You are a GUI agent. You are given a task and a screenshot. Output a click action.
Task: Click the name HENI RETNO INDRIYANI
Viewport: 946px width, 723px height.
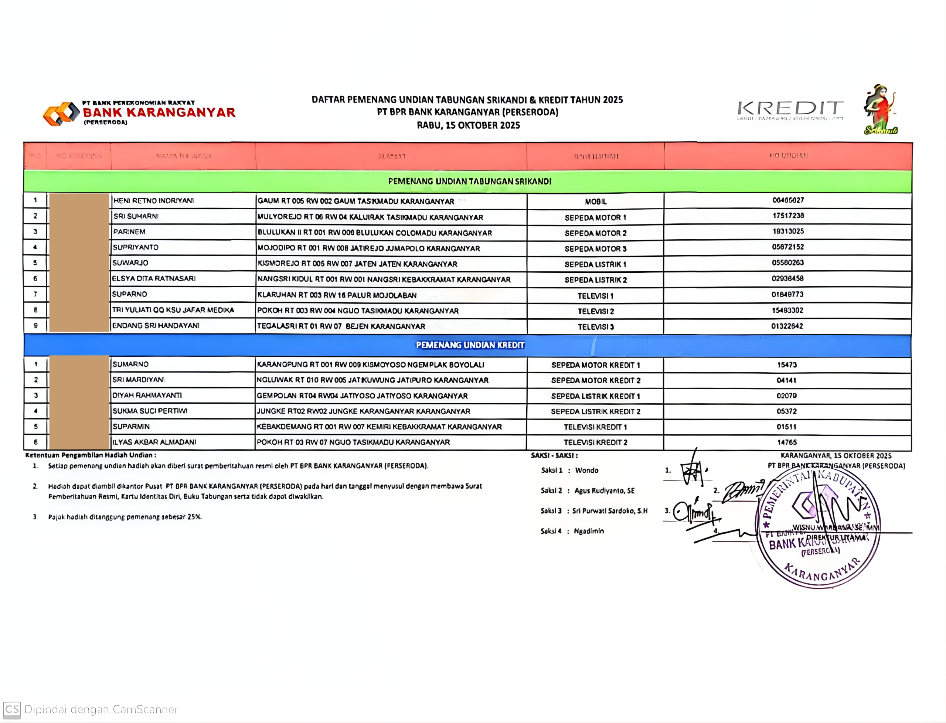(x=154, y=201)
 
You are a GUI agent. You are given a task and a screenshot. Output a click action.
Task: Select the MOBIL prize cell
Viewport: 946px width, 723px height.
(x=595, y=201)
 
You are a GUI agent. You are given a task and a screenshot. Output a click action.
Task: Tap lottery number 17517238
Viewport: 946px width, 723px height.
(x=788, y=215)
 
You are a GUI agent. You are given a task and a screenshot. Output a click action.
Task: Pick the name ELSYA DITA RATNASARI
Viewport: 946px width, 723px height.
(x=154, y=278)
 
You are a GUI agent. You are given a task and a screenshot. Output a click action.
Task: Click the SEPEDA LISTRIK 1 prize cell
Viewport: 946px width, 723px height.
(x=595, y=264)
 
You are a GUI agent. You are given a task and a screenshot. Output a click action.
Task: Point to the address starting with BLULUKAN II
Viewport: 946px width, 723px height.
(x=374, y=233)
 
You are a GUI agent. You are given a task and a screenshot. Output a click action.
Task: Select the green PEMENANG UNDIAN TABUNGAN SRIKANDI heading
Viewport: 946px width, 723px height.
(x=469, y=181)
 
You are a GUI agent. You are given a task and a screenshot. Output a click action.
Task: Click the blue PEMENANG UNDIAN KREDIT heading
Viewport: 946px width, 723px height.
(x=470, y=345)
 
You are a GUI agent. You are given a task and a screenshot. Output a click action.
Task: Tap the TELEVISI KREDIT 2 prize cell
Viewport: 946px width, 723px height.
(x=595, y=442)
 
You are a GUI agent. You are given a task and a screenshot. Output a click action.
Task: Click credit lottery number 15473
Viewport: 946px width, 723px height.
(x=786, y=365)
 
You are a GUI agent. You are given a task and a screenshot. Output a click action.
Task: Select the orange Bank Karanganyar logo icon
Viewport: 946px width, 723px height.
(x=61, y=113)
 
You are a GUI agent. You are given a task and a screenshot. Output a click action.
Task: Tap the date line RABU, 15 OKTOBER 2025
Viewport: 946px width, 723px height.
(x=468, y=125)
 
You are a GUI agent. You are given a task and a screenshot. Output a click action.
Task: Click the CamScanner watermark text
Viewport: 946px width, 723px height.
(x=101, y=709)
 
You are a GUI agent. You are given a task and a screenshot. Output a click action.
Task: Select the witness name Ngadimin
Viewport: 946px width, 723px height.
(x=589, y=531)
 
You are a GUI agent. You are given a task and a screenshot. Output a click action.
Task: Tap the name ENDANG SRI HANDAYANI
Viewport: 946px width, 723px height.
(x=156, y=325)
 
